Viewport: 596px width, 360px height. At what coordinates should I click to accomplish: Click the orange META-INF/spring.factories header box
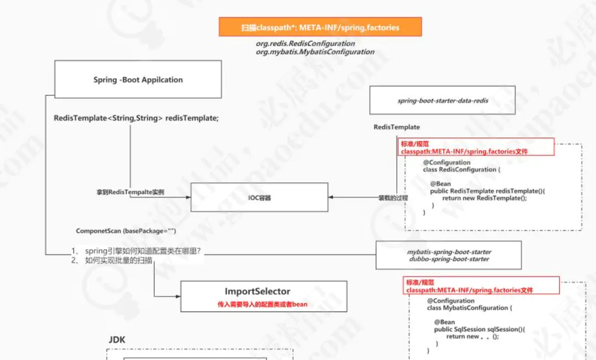[320, 27]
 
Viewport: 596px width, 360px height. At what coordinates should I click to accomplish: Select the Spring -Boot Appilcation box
[138, 79]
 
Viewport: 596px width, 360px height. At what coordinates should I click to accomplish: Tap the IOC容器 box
[259, 197]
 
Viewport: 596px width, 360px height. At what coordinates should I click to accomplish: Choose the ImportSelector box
[264, 296]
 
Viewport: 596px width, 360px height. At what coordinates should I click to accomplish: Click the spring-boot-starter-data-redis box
[443, 100]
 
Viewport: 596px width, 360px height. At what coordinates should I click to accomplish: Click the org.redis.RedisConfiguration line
[305, 43]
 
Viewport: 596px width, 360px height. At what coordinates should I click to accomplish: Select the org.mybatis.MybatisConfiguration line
[314, 52]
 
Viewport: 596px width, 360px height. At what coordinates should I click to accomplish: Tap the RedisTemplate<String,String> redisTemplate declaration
[136, 119]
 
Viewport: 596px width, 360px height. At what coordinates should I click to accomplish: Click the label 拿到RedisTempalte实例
[130, 192]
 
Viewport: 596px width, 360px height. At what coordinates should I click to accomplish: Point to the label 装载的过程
[392, 197]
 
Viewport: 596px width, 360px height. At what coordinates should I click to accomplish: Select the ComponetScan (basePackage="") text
[126, 231]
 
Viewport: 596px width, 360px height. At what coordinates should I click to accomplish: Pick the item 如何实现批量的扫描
[119, 260]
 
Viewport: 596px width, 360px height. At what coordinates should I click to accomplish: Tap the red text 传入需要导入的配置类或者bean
[262, 304]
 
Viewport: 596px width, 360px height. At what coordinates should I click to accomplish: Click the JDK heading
[117, 340]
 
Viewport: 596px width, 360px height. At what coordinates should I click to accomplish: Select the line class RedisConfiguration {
[461, 170]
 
